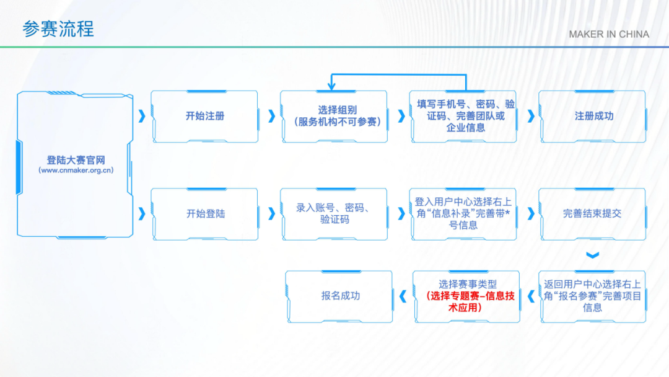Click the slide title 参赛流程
tap(58, 29)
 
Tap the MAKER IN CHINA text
tap(609, 34)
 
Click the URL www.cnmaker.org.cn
tap(76, 171)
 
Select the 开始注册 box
tap(205, 116)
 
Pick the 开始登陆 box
tap(205, 214)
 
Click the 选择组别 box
tap(334, 116)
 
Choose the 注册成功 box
tap(593, 116)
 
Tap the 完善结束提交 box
tap(593, 214)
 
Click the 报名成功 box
tap(339, 296)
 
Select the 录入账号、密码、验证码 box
tap(334, 214)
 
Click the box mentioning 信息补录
tap(463, 214)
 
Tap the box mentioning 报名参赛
tap(593, 296)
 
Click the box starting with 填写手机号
tap(463, 116)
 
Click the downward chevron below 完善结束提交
tap(593, 255)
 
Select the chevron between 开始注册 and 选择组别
tap(271, 116)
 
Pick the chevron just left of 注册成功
tap(531, 116)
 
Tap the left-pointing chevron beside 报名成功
tap(403, 296)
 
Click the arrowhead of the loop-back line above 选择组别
tap(331, 87)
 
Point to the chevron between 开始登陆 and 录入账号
tap(271, 214)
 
